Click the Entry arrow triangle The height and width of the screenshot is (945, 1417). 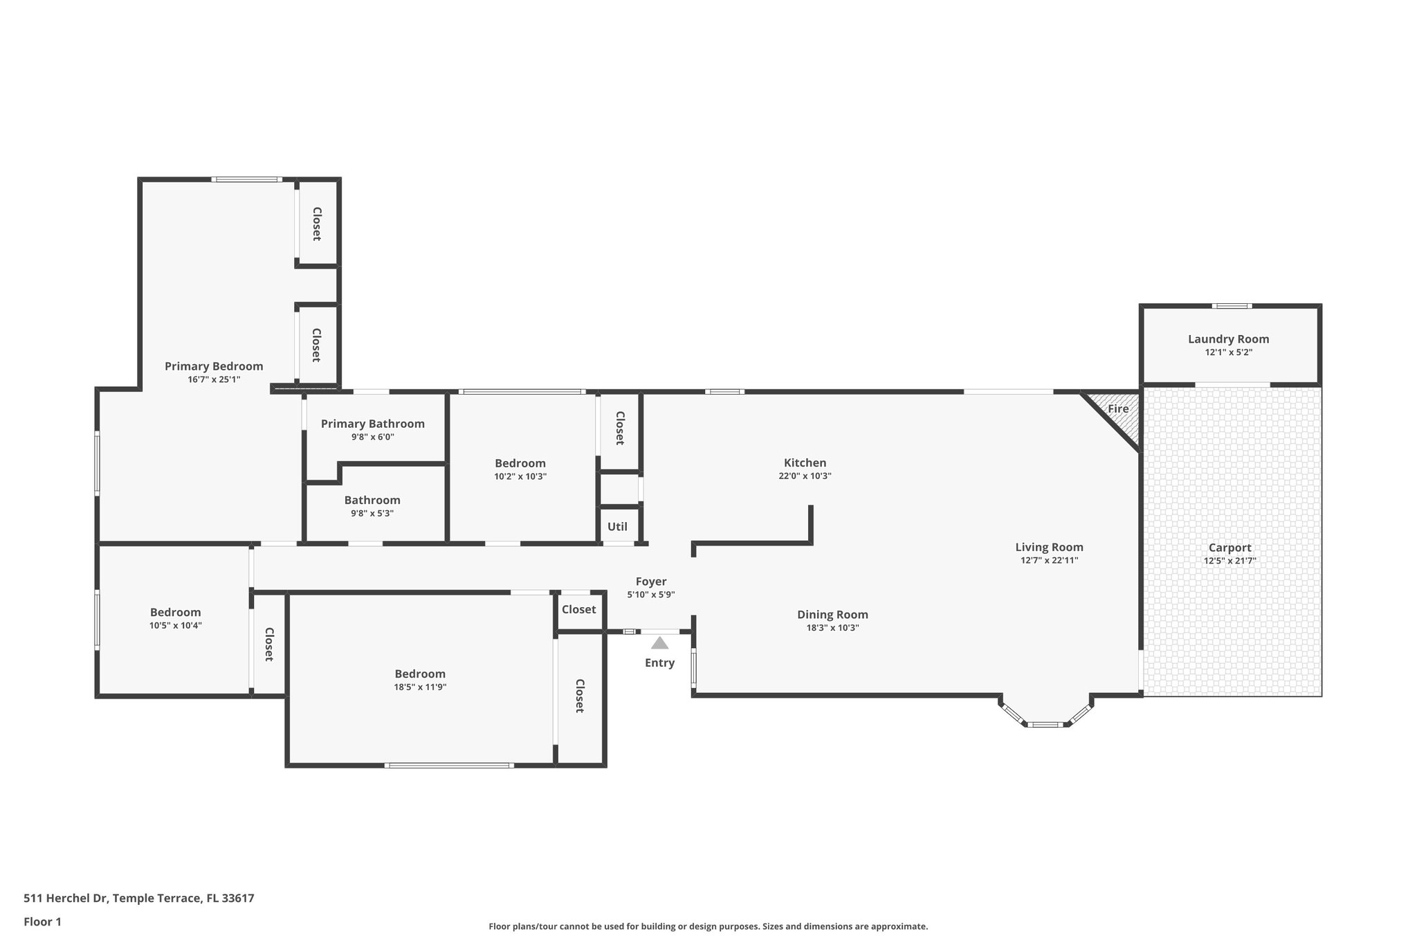tap(659, 643)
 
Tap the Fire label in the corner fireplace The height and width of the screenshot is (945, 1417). tap(1118, 409)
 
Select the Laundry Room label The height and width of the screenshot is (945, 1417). tap(1228, 339)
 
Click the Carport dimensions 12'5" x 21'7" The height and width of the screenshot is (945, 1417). tap(1229, 561)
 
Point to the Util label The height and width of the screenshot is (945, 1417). tap(617, 527)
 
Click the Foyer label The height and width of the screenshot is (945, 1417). tap(650, 582)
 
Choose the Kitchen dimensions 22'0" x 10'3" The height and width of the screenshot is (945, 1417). tap(805, 476)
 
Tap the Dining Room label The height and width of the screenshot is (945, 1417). tap(832, 615)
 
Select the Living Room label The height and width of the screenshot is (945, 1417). tap(1049, 548)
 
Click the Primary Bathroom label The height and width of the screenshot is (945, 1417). tap(372, 424)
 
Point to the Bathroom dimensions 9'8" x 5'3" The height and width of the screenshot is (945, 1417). tap(372, 513)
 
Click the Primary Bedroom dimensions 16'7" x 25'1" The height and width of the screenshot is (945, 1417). tap(214, 379)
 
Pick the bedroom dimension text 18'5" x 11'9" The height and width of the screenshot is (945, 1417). tap(420, 687)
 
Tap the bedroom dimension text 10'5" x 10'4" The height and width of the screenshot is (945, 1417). tap(175, 625)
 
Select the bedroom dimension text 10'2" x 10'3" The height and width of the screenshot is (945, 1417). tap(520, 476)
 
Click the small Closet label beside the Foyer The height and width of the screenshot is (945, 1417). tap(578, 610)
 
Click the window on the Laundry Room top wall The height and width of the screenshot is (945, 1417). tap(1232, 306)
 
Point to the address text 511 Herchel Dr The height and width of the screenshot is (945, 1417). tap(66, 898)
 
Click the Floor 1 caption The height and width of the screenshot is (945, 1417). tap(42, 921)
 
